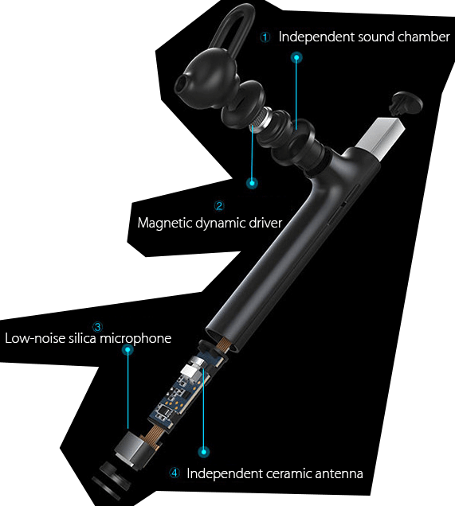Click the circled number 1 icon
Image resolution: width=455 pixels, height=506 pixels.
pos(265,37)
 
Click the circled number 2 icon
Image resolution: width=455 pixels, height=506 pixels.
pos(219,205)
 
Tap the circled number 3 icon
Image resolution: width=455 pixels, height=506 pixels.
pos(97,327)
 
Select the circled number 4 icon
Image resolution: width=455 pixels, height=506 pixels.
pos(175,473)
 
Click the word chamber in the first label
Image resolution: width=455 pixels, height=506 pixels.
pos(424,37)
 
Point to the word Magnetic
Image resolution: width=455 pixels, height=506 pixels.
pos(165,224)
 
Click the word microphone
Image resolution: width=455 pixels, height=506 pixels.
pos(135,338)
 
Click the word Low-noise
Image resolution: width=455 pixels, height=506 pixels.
pos(35,338)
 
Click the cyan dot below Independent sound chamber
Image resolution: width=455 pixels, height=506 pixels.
pos(296,58)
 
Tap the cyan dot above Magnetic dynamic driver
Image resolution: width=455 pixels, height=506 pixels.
pos(252,183)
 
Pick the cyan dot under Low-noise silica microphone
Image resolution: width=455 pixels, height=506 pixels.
pos(128,349)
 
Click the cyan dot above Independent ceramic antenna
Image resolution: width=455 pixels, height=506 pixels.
pos(203,452)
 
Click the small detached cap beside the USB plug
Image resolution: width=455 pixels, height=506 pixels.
pos(406,103)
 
